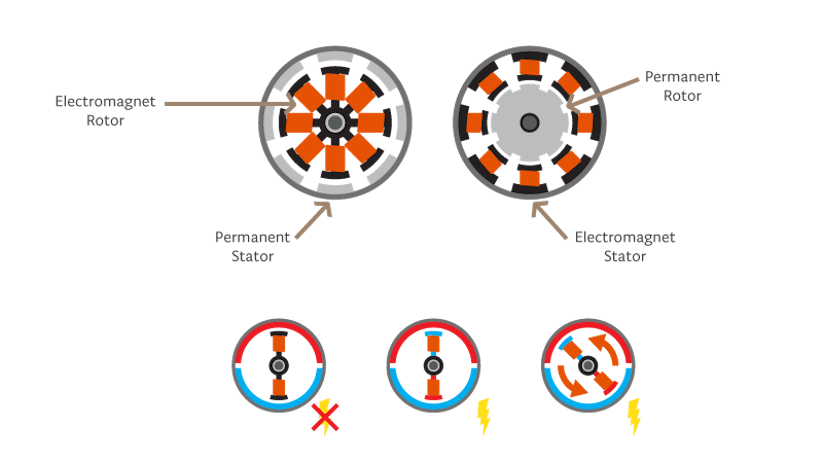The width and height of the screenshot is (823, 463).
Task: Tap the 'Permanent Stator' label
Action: tap(252, 247)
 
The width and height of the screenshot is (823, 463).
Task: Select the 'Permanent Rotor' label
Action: tap(682, 86)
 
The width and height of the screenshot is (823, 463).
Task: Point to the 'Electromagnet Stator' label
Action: tap(625, 247)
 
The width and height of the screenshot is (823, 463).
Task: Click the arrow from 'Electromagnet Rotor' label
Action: tap(230, 104)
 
